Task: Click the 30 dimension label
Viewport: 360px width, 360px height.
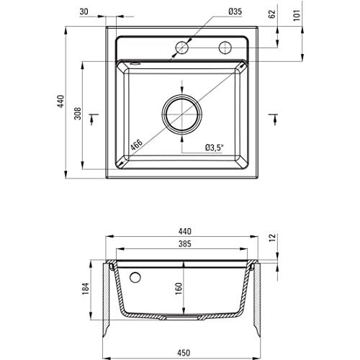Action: click(85, 11)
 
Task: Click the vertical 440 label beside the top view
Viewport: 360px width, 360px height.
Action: click(61, 103)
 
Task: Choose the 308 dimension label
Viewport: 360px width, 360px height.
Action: click(86, 115)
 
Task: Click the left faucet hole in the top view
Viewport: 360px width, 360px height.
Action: click(181, 48)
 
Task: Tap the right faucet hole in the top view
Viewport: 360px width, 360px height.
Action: click(225, 48)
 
